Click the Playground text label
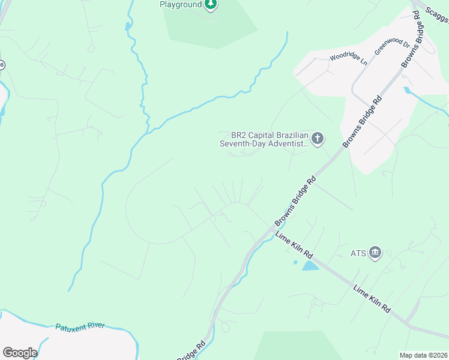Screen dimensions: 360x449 coord(179,4)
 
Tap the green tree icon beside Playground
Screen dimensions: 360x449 coord(210,5)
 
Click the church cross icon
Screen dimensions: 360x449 coord(317,139)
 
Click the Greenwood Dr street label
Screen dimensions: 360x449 coord(392,47)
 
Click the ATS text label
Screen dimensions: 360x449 coord(358,253)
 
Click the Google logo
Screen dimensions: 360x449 coord(20,353)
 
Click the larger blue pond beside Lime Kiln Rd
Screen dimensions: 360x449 coord(310,266)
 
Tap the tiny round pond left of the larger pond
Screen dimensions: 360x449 coord(295,262)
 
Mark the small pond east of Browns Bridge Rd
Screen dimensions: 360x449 coord(409,91)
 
